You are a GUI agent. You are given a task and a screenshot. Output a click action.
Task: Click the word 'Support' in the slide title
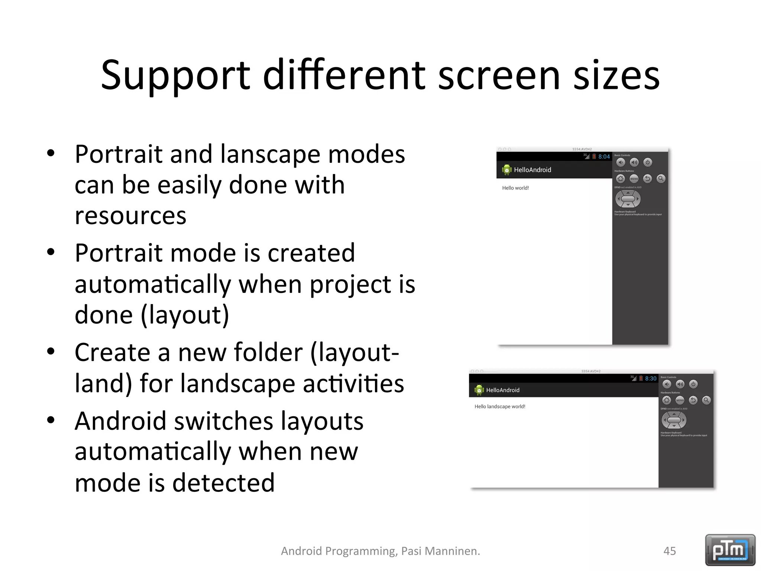click(175, 76)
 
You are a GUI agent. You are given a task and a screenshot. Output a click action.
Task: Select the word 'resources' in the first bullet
click(130, 216)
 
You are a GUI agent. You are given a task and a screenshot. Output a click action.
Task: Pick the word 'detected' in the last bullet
click(223, 483)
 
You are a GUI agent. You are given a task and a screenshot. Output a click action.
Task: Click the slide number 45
click(670, 551)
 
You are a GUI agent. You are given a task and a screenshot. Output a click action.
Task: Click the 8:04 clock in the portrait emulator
click(604, 157)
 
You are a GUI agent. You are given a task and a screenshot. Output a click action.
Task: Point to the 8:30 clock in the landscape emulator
click(651, 379)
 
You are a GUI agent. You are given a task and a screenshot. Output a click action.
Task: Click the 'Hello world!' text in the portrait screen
click(515, 188)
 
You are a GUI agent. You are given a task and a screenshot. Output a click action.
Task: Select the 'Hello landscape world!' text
click(500, 407)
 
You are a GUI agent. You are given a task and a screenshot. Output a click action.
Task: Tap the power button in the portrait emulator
click(648, 162)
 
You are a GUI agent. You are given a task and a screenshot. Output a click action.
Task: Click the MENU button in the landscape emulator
click(680, 400)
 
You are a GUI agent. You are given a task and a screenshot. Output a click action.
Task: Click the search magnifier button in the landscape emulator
click(706, 400)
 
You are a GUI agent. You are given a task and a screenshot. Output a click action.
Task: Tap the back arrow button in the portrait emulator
click(647, 179)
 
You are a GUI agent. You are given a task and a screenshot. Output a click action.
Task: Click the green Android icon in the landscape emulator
click(479, 390)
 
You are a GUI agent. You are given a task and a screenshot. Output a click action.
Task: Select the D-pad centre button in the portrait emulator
click(628, 199)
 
